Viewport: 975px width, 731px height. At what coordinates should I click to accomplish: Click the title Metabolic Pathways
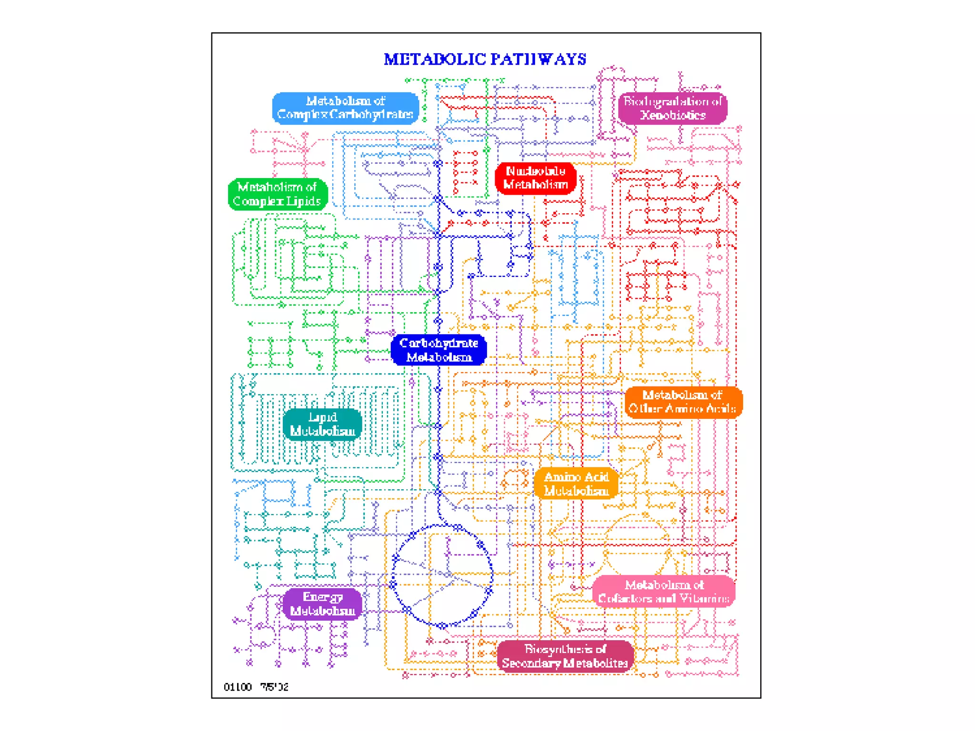[485, 59]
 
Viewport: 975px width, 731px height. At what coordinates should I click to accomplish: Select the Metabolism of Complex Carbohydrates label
[345, 108]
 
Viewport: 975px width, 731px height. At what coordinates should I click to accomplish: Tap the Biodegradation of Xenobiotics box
[672, 109]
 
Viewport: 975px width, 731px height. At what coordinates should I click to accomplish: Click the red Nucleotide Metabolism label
[536, 178]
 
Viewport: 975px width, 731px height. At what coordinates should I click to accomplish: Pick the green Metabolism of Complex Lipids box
[278, 194]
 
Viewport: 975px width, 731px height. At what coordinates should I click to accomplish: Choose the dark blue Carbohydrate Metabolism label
[438, 350]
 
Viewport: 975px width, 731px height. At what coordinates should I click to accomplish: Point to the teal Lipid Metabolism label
[322, 424]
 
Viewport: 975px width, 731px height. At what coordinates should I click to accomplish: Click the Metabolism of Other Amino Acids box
[683, 402]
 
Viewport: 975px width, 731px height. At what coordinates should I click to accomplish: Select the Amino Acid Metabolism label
[576, 484]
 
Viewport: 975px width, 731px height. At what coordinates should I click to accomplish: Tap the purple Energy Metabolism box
[322, 604]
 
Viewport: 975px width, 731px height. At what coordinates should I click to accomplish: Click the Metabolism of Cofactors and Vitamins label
[664, 592]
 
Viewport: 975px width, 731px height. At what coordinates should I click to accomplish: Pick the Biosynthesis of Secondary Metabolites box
[565, 656]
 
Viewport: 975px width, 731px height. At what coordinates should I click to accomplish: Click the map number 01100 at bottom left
[238, 687]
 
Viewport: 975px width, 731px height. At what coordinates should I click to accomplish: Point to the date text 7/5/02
[274, 687]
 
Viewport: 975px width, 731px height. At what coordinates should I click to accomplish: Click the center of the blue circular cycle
[442, 576]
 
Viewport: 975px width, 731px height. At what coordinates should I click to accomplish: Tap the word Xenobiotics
[673, 115]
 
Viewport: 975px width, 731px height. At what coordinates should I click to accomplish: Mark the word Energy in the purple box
[322, 597]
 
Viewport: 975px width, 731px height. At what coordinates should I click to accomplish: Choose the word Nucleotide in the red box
[536, 171]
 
